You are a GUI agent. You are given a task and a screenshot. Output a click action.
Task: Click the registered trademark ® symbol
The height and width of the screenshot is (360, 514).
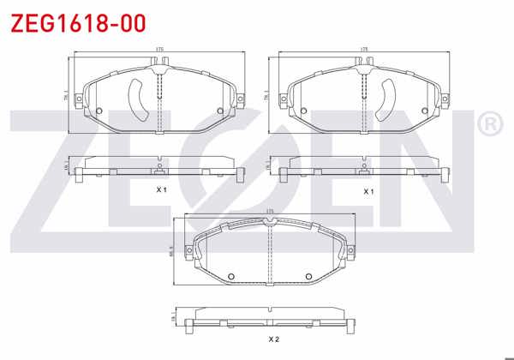[x=489, y=125]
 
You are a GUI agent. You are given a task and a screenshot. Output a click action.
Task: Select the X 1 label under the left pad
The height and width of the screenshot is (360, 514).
[x=160, y=189]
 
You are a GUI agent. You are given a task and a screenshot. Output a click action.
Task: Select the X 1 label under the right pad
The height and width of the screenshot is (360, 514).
[x=368, y=190]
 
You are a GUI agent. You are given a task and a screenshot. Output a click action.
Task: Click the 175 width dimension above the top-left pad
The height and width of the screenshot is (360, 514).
[x=159, y=50]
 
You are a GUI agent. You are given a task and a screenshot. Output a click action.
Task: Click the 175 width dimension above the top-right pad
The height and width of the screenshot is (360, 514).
[x=366, y=50]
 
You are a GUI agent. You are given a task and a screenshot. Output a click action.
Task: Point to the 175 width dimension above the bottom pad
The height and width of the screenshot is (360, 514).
[x=270, y=211]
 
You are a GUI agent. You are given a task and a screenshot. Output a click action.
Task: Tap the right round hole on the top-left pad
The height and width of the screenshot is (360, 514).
[x=220, y=111]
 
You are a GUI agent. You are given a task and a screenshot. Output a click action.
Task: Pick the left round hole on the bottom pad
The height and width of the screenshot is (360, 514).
[x=231, y=275]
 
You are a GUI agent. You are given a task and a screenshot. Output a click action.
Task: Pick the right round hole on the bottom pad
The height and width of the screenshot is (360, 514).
[x=308, y=275]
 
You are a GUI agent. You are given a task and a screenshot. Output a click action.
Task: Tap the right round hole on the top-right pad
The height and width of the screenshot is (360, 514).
[x=427, y=111]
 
